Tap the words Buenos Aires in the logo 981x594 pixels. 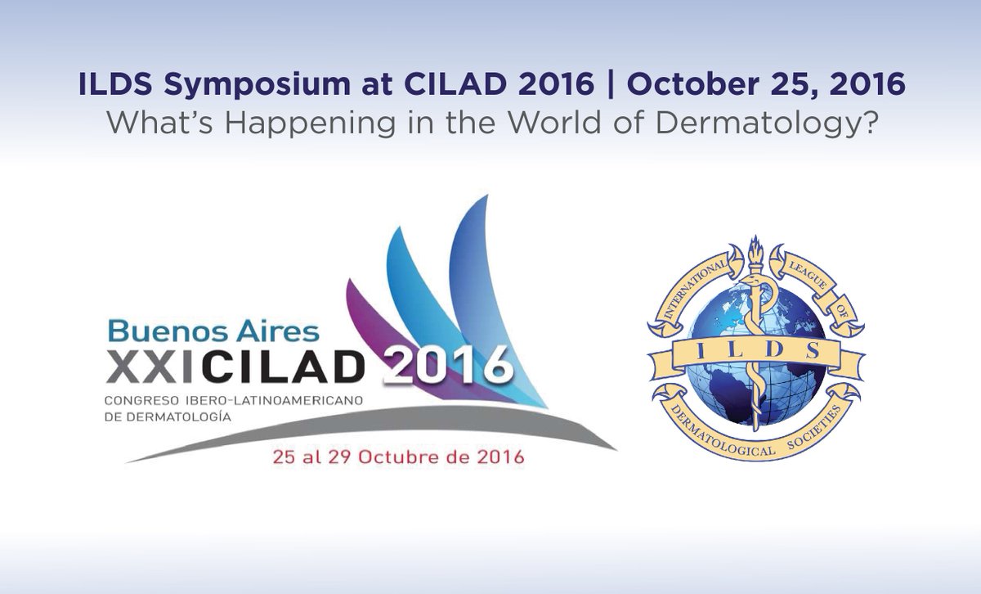pos(213,331)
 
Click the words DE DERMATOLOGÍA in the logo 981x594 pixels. pos(168,416)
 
